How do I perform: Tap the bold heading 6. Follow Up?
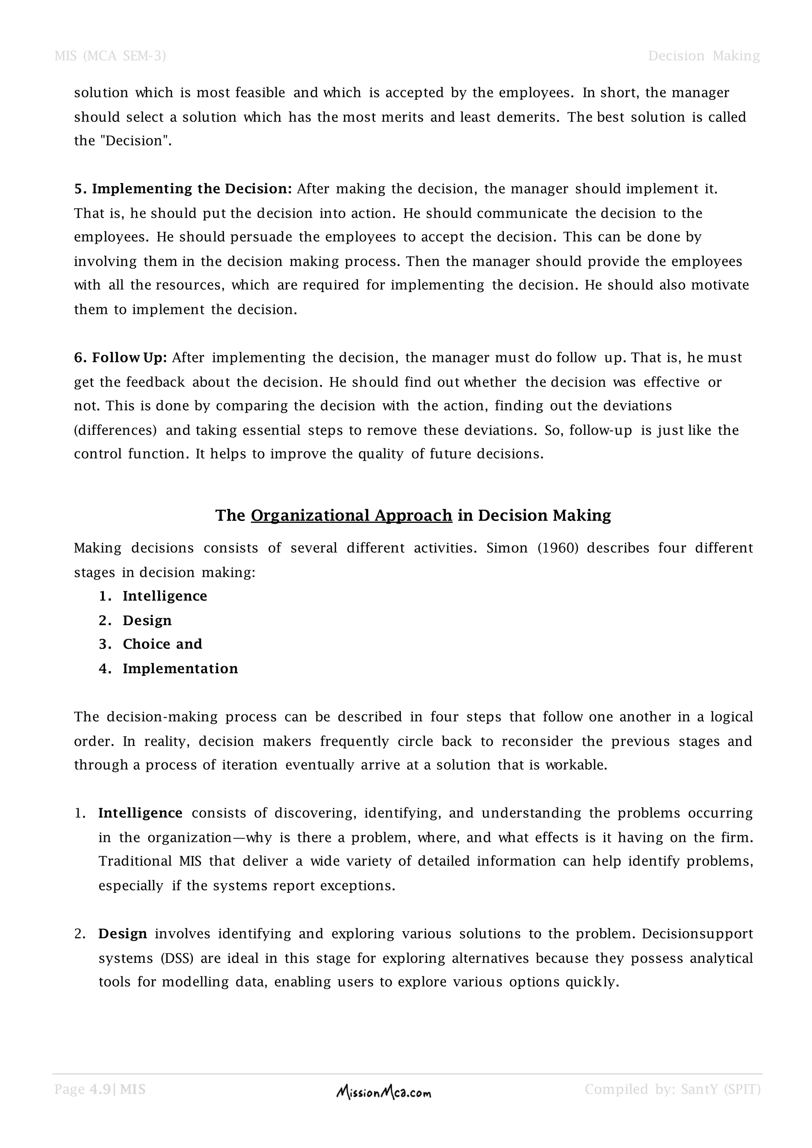coord(121,358)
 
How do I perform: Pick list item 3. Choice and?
coord(162,644)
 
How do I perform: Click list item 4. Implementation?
coord(180,668)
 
